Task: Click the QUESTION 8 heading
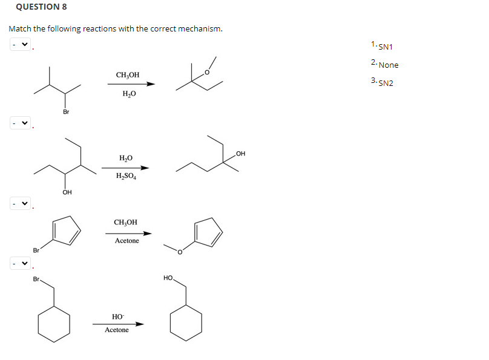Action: [x=38, y=7]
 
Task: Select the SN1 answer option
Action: [x=386, y=47]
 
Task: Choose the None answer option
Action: [x=389, y=65]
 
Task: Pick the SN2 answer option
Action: [x=386, y=83]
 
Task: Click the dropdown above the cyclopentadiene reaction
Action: [x=20, y=203]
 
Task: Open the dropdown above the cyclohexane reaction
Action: [x=20, y=264]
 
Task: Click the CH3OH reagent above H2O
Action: [x=127, y=75]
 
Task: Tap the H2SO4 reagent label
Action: [x=126, y=177]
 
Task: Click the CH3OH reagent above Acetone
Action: [x=125, y=222]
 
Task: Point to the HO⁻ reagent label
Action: [x=117, y=316]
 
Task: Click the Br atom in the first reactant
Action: [x=66, y=112]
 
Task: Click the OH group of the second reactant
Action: [x=67, y=192]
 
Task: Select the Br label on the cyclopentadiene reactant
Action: [x=36, y=249]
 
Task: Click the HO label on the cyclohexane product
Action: [x=168, y=278]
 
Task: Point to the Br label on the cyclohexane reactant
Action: [x=37, y=280]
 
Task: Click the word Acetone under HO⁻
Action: [x=117, y=330]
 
